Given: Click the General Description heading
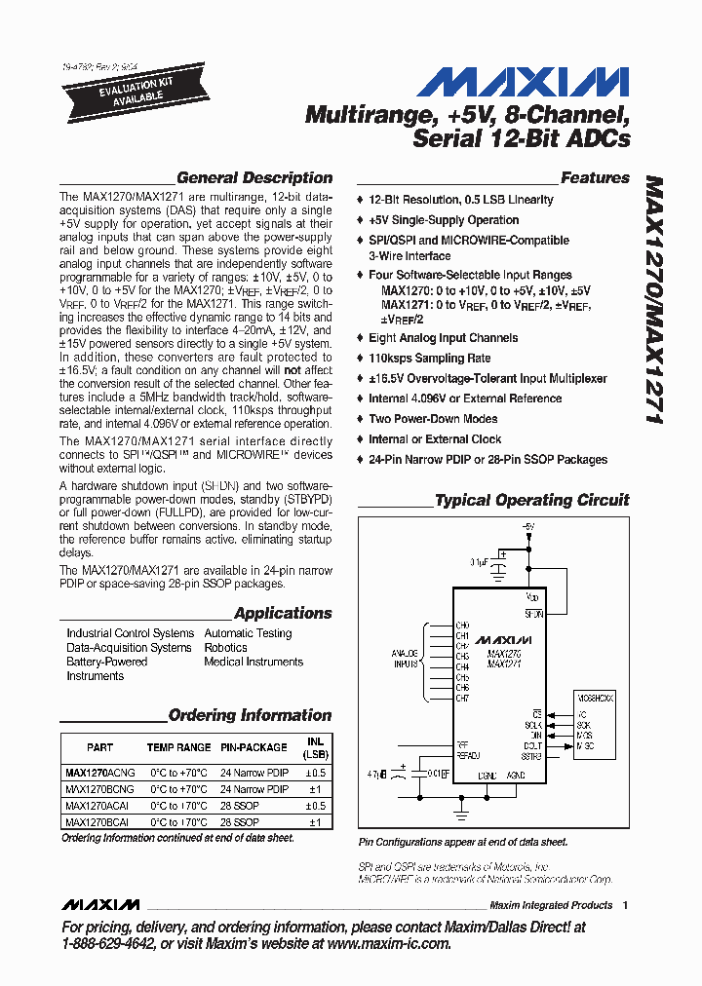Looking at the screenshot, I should [253, 178].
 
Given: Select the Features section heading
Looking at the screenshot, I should [595, 178].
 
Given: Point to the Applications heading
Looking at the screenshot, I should [283, 613].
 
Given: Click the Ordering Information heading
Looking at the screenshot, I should [250, 715].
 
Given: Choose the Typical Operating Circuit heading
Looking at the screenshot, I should [531, 500].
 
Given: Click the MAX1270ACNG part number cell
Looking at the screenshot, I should [99, 772].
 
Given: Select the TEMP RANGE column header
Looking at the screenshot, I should [178, 747].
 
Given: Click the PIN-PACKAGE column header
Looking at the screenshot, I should [253, 747].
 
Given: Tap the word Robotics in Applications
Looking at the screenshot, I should [225, 647].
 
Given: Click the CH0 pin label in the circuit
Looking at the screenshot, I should [462, 625].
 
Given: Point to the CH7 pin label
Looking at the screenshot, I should [462, 699].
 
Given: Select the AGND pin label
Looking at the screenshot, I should [516, 776].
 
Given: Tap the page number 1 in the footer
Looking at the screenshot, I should [625, 905].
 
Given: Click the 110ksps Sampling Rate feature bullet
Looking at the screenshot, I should [429, 359].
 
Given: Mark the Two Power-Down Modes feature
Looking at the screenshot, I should [433, 419].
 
